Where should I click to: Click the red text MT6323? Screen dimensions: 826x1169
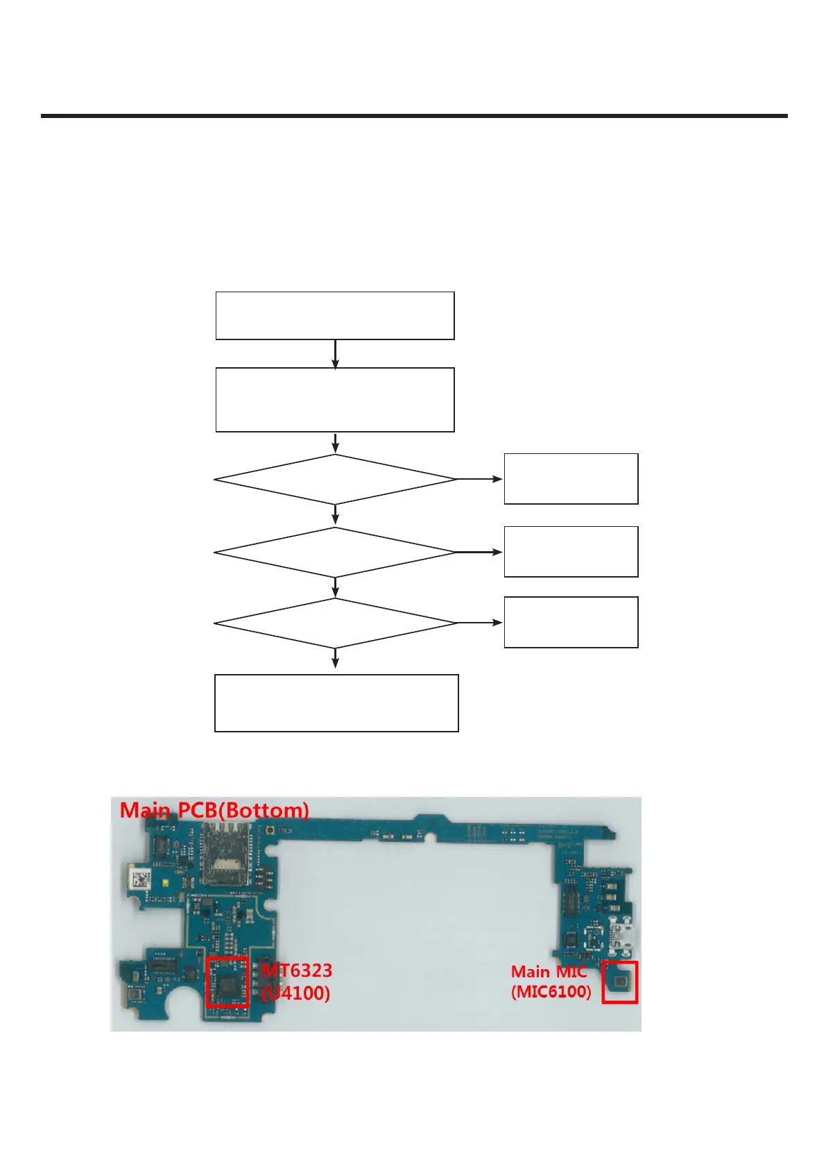coord(297,970)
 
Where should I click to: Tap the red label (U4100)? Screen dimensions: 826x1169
coord(296,993)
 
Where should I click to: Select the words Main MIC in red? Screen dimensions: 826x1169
coord(549,972)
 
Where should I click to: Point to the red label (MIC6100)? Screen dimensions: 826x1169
coord(551,991)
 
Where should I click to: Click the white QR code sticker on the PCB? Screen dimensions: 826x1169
coord(140,879)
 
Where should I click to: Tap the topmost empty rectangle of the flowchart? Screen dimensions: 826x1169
coord(335,316)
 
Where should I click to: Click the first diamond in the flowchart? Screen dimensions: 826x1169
coord(335,479)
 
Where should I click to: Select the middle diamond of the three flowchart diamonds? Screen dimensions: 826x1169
coord(335,553)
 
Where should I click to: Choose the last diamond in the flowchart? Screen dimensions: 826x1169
coord(335,623)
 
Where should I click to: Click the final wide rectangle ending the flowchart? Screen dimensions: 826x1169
coord(336,703)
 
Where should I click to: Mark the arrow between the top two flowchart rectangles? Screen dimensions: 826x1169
coord(335,354)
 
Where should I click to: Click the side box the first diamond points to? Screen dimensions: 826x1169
coord(571,479)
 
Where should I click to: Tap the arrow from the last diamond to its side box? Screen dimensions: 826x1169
coord(479,623)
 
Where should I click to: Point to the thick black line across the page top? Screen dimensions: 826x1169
coord(414,116)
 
